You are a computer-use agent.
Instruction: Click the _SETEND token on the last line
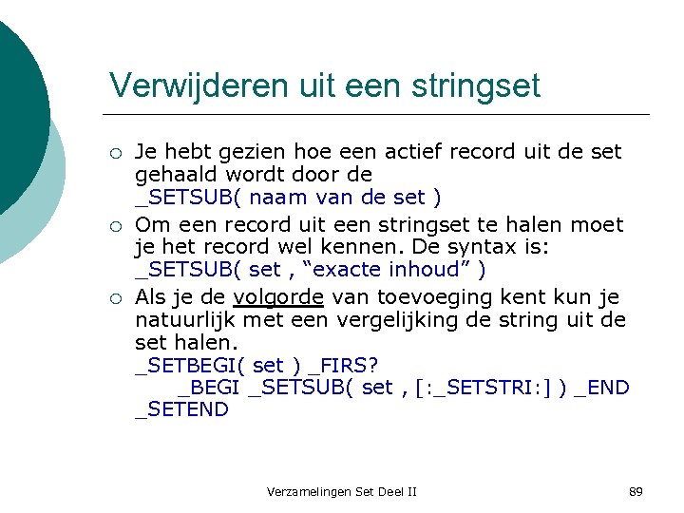pos(181,409)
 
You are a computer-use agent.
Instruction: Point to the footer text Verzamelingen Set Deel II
pos(342,491)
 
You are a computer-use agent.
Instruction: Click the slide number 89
pos(636,491)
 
